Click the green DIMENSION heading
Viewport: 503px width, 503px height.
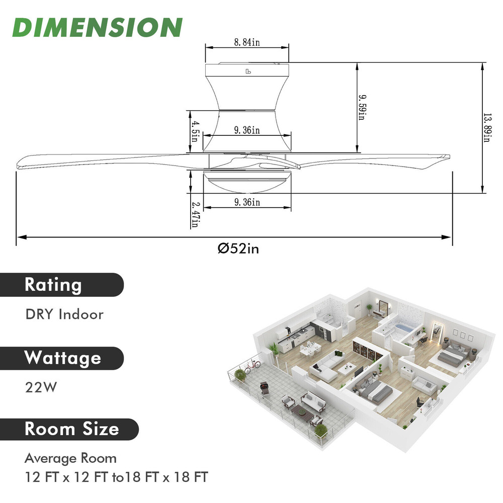click(x=97, y=27)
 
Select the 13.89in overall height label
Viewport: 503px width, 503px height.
click(x=486, y=127)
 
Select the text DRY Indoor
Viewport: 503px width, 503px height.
click(x=64, y=314)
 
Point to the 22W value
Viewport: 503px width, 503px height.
click(x=41, y=388)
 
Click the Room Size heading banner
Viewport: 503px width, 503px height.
click(x=71, y=429)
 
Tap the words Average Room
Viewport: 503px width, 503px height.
click(x=70, y=458)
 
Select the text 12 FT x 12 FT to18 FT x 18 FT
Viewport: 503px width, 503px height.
click(x=116, y=476)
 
